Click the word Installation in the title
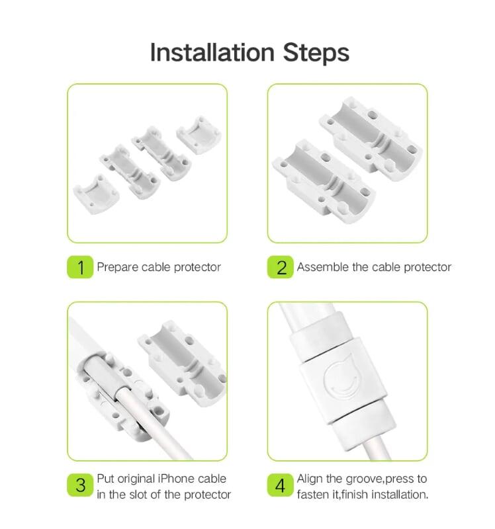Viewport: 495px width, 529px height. click(x=212, y=53)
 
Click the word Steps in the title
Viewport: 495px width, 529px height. click(x=316, y=54)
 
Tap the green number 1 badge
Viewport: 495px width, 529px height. click(x=80, y=267)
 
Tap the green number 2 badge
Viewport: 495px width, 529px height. click(x=280, y=267)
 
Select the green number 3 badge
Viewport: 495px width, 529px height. click(x=80, y=485)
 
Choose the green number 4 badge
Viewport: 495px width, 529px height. click(x=280, y=485)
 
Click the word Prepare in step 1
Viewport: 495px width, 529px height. click(x=117, y=267)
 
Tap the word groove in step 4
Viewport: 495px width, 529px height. click(x=365, y=479)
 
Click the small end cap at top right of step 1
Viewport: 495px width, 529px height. click(x=199, y=135)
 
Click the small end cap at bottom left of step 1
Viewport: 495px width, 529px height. click(x=96, y=194)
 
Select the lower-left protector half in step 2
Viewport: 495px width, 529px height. click(x=324, y=183)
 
